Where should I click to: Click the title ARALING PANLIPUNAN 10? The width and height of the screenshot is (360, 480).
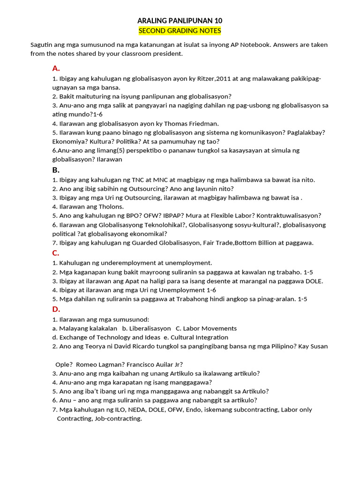click(180, 21)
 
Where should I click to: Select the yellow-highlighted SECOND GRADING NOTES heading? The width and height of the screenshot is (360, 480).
click(180, 31)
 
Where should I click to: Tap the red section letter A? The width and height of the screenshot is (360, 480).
click(56, 68)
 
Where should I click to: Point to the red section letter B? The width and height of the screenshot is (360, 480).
click(55, 170)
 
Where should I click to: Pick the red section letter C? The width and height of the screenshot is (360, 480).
click(55, 253)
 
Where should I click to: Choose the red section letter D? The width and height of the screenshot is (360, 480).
click(56, 309)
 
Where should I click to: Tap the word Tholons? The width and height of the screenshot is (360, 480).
click(110, 206)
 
